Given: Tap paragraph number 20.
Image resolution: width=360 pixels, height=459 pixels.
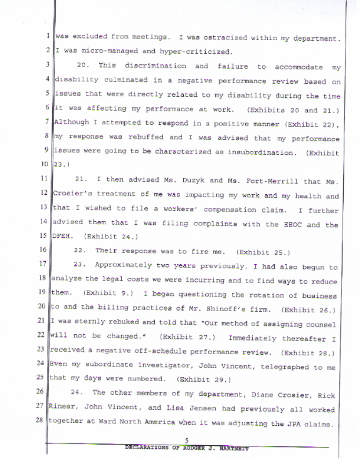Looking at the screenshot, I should point(82,66).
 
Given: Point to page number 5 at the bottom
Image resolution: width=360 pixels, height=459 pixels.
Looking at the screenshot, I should point(187,441).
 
